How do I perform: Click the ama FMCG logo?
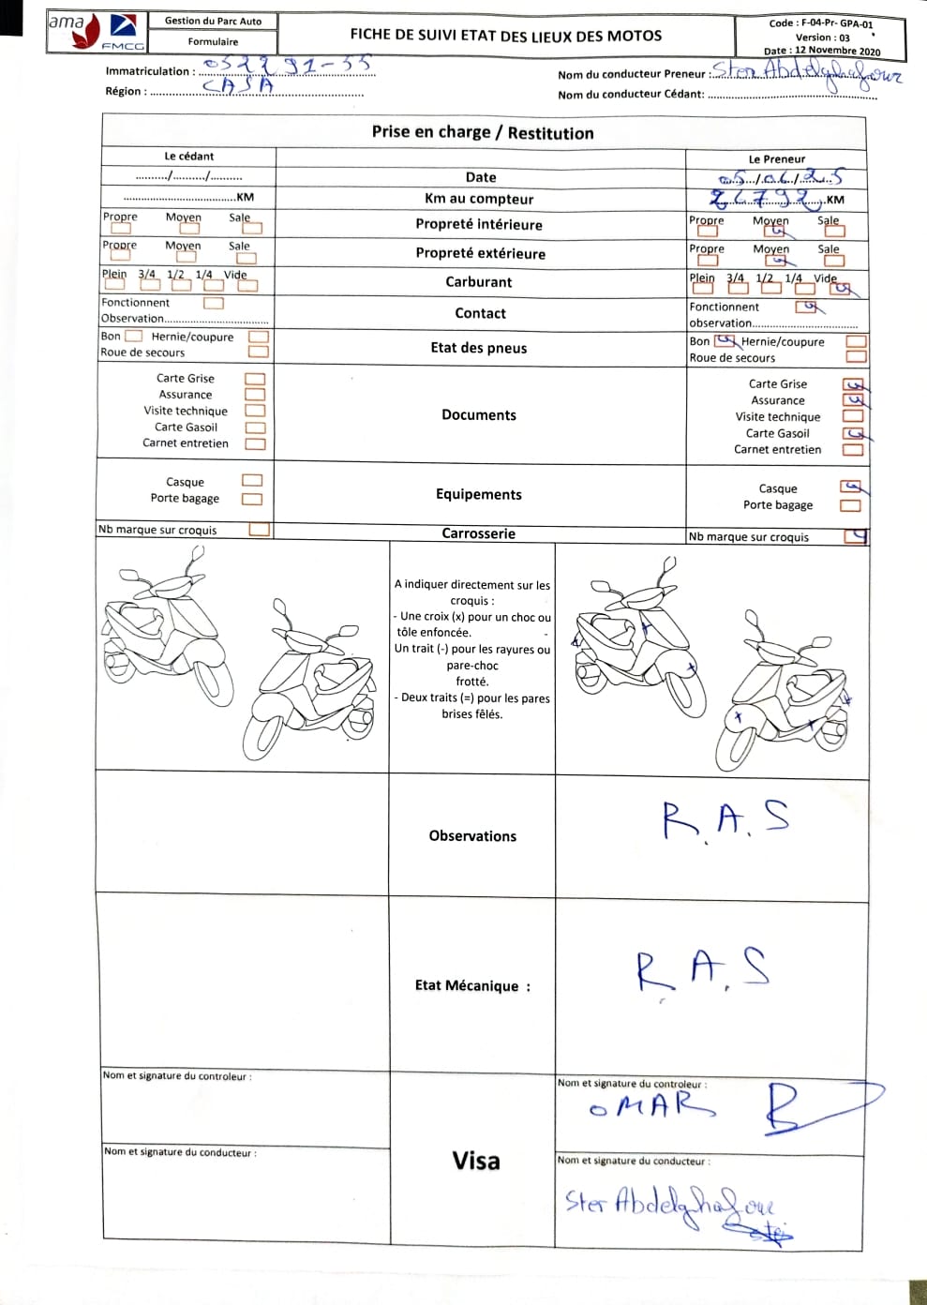(x=94, y=33)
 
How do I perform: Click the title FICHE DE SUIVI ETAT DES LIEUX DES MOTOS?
(x=505, y=36)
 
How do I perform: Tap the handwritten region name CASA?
(x=238, y=85)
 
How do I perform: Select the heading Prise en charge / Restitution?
(x=483, y=133)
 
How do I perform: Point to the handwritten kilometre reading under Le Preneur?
(x=766, y=198)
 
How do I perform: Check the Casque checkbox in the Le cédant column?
(x=252, y=481)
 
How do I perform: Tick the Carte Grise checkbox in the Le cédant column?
(x=254, y=379)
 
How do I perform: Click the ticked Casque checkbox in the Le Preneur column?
(x=851, y=487)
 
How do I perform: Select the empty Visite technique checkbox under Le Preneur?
(x=852, y=417)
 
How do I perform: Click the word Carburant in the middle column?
(x=479, y=282)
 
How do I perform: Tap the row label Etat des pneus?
(x=479, y=348)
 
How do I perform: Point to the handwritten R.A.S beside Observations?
(x=725, y=819)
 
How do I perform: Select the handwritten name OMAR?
(x=650, y=1106)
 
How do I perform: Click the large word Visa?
(x=476, y=1161)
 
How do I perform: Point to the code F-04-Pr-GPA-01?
(x=820, y=24)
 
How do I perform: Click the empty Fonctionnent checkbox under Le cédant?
(x=214, y=303)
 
